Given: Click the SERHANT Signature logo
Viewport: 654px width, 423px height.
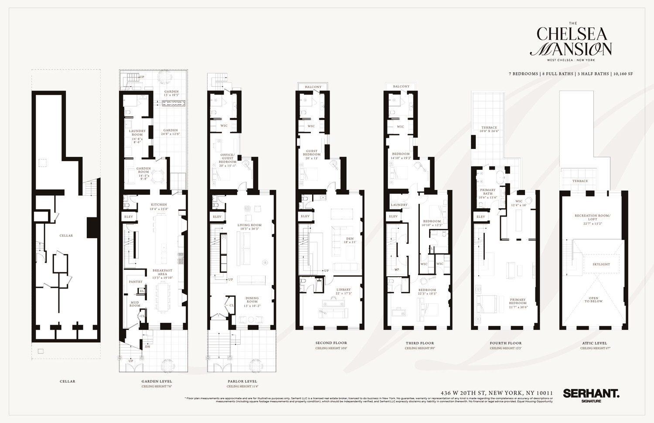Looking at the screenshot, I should [591, 395].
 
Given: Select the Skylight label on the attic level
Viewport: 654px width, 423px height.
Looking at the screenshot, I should [601, 264].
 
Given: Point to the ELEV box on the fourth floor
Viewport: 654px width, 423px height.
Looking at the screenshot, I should [480, 217].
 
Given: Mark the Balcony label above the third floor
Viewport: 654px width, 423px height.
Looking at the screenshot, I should [401, 86].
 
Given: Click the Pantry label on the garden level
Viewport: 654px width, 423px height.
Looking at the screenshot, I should [136, 281].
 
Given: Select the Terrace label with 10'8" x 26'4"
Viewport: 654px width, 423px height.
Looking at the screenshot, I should [489, 129].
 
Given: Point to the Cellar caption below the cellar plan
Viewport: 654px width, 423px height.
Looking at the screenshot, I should [67, 381].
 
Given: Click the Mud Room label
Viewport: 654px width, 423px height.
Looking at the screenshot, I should [135, 304].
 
